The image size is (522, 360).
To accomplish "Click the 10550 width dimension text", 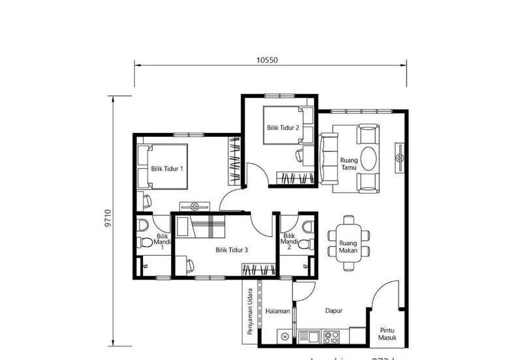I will (268, 60).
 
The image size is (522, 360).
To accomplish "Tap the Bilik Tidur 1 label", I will (167, 169).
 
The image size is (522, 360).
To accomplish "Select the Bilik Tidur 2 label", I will (283, 128).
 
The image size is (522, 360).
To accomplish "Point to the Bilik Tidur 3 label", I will (232, 249).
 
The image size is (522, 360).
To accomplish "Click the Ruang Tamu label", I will (348, 163).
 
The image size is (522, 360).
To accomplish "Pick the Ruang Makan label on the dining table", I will (348, 247).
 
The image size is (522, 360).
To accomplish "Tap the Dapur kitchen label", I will (334, 311).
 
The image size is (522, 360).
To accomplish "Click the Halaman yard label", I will (277, 311).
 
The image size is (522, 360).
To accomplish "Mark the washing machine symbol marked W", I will (285, 337).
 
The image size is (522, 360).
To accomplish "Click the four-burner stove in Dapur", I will (331, 337).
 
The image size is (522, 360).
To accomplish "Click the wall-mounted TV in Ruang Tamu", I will (399, 157).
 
